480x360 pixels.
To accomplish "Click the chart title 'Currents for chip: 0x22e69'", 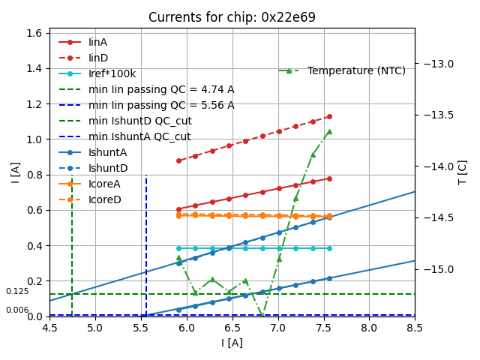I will point(232,17).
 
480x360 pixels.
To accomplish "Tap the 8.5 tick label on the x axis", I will point(415,328).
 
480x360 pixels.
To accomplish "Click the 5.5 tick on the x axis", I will point(140,328).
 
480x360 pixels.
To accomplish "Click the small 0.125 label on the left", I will point(17,291).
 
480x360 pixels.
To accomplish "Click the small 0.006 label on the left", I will point(17,310).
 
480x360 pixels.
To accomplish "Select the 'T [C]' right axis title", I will point(463,172).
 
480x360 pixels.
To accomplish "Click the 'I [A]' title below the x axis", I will point(232,343).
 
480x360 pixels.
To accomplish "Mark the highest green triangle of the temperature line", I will point(329,131).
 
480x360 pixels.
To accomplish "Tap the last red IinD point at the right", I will point(329,116).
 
